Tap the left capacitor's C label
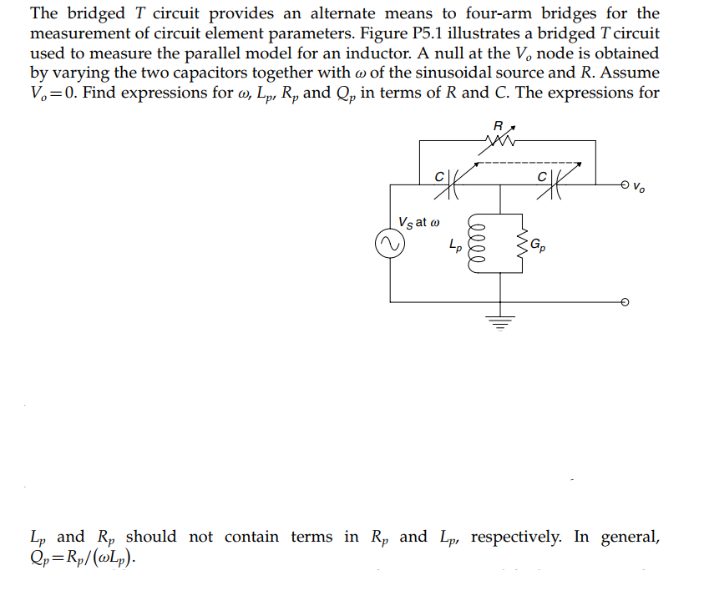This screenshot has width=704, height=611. coord(438,177)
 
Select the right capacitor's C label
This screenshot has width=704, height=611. coord(543,177)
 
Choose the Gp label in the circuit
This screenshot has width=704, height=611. coord(539,245)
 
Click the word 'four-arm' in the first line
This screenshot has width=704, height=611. coord(494,13)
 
